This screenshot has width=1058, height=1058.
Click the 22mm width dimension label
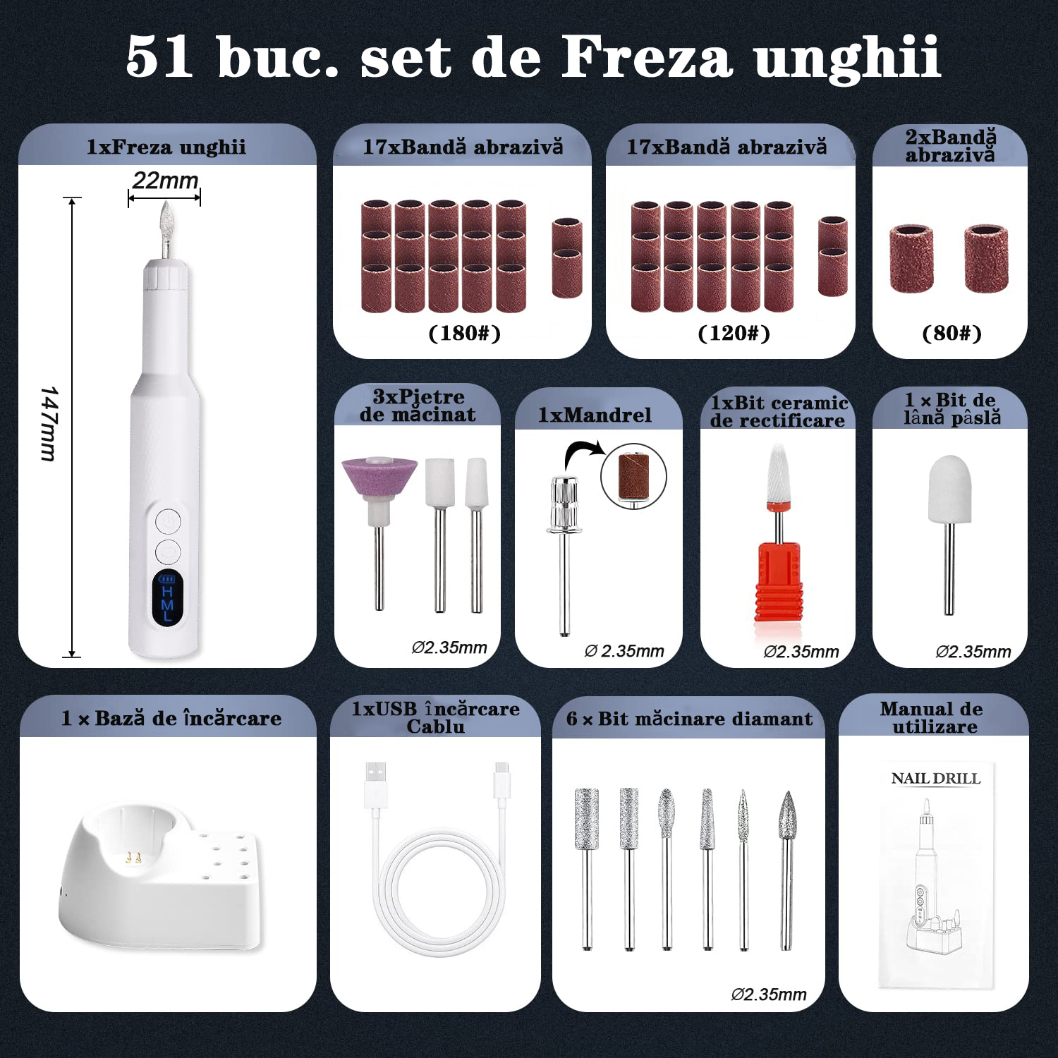pyautogui.click(x=165, y=181)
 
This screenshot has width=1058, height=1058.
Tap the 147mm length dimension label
pyautogui.click(x=48, y=423)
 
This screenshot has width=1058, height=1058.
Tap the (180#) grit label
pyautogui.click(x=465, y=333)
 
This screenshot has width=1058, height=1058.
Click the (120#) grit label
pyautogui.click(x=734, y=333)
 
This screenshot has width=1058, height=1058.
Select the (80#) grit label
pyautogui.click(x=951, y=333)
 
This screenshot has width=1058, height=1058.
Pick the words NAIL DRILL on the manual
pyautogui.click(x=936, y=779)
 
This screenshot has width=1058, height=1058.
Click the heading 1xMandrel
pyautogui.click(x=595, y=415)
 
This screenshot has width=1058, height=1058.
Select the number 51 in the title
pyautogui.click(x=159, y=57)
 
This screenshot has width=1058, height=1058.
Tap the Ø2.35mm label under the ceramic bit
pyautogui.click(x=801, y=652)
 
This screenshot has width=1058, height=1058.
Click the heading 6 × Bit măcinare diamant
pyautogui.click(x=689, y=719)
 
